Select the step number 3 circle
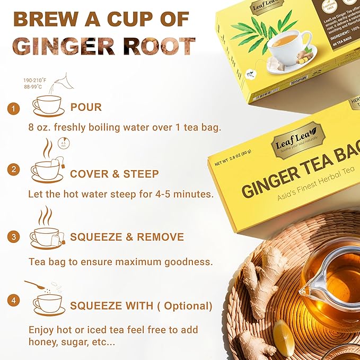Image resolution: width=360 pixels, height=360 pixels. [14, 237]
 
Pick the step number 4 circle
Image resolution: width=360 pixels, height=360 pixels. [14, 301]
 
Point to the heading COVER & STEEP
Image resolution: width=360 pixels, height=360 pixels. [114, 173]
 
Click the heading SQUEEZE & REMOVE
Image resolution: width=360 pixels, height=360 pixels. [127, 237]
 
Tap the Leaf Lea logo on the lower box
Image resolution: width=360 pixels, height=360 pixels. [294, 139]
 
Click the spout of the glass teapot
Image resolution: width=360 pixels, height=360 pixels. [304, 291]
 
